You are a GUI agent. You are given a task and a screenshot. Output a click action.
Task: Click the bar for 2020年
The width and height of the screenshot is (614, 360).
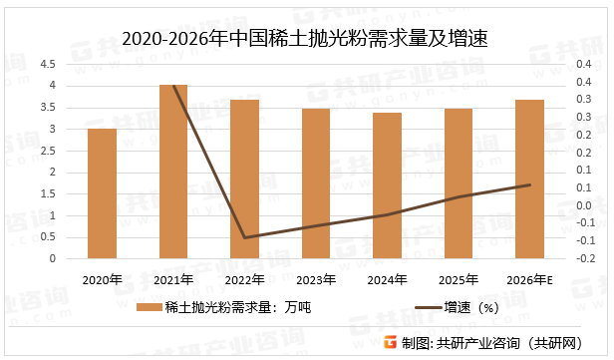[102, 193]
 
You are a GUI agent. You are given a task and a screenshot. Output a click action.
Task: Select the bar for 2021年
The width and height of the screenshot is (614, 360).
[173, 172]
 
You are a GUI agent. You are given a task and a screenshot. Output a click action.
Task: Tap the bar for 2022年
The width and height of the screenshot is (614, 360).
[245, 180]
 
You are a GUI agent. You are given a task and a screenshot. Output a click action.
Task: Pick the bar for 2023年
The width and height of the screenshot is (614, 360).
[316, 183]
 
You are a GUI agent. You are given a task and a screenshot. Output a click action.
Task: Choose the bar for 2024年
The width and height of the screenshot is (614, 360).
[387, 185]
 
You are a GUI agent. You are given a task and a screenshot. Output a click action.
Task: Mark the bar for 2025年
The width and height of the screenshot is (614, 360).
[459, 183]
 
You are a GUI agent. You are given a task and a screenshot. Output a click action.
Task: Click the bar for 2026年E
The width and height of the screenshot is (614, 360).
[529, 180]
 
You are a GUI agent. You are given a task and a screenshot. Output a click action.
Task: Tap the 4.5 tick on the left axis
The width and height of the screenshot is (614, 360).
[48, 64]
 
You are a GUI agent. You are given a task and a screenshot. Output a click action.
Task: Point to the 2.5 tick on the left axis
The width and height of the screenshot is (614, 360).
[48, 151]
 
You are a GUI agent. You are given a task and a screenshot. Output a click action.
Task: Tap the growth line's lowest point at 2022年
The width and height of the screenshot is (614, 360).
[245, 237]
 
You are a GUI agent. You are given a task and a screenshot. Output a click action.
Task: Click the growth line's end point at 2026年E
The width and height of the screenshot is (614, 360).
[529, 184]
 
